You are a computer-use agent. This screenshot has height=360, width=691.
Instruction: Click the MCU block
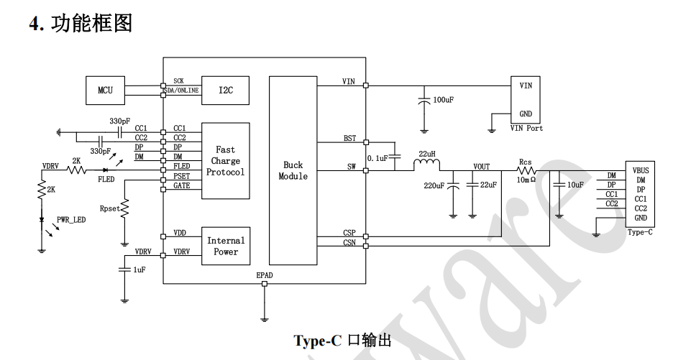click(105, 91)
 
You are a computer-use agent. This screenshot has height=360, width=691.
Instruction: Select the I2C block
click(225, 91)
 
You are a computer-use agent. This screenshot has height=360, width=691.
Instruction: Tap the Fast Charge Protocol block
click(226, 161)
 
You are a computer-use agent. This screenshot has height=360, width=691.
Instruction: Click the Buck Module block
click(293, 170)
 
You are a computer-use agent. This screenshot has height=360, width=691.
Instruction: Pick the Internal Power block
click(226, 246)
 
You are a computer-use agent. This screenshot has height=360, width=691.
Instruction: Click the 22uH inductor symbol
click(426, 165)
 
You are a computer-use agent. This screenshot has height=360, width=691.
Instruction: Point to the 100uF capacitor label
click(444, 100)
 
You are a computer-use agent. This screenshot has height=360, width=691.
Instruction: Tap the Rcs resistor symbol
click(526, 170)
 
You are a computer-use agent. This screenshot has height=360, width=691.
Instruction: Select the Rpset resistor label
click(109, 208)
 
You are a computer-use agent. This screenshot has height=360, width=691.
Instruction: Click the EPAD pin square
click(265, 284)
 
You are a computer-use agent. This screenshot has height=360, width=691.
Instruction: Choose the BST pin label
click(349, 139)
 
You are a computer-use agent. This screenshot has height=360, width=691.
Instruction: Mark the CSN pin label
click(349, 242)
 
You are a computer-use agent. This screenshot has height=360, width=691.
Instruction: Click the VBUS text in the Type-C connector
click(641, 170)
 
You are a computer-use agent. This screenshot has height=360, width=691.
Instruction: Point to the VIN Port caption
click(526, 128)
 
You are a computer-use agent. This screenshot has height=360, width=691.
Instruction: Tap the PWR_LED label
click(71, 220)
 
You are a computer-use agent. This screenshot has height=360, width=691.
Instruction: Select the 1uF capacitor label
click(139, 269)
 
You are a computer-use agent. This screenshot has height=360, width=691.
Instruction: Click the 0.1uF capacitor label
click(377, 158)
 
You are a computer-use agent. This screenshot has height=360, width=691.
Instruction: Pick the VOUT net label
click(481, 167)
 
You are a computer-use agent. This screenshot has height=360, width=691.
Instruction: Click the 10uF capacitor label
click(575, 185)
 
